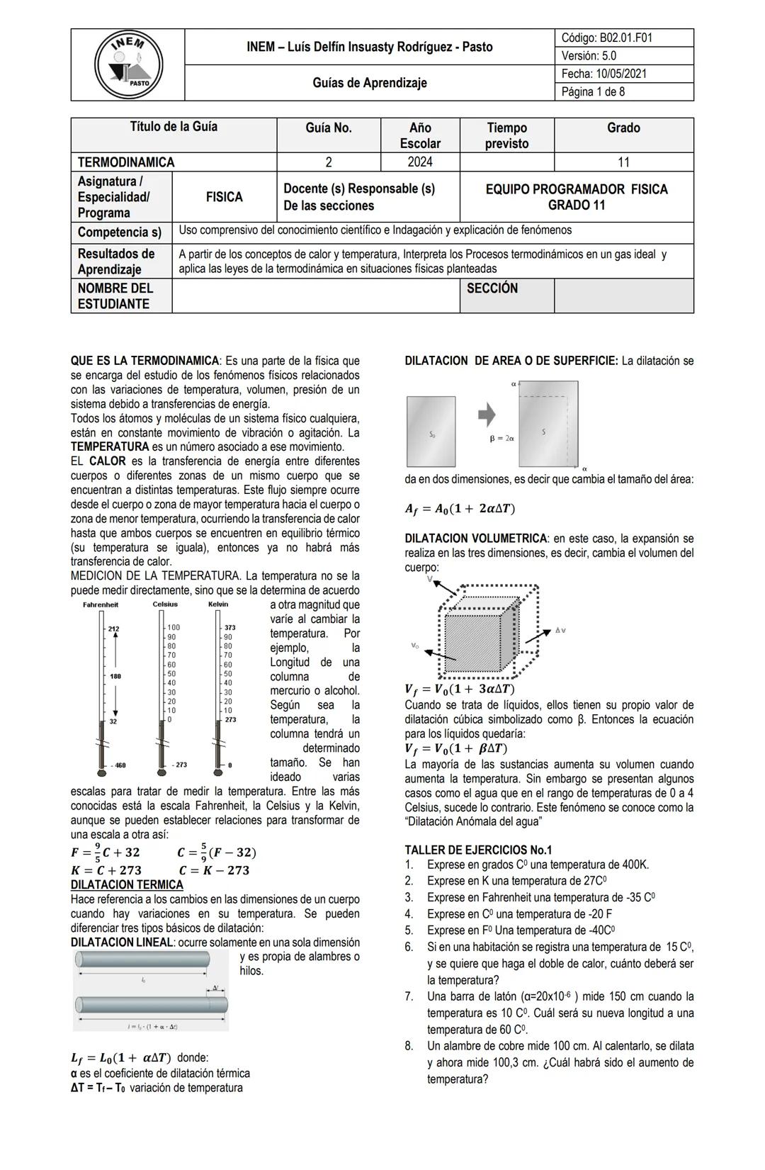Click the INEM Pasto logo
point(128,65)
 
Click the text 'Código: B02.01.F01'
point(606,38)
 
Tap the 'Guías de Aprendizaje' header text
point(370,83)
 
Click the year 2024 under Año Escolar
point(420,162)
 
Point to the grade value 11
point(623,162)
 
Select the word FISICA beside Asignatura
point(224,197)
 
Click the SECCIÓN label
point(492,288)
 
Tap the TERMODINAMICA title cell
point(126,162)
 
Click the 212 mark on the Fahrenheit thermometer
point(114,629)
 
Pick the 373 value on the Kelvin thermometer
point(229,628)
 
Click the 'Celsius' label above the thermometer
point(165,604)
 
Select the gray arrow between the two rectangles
point(487,415)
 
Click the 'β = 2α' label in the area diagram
point(502,439)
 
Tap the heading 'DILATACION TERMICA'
point(127,885)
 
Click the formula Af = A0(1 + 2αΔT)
point(460,509)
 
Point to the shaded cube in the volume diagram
point(473,633)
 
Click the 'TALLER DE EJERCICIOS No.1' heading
point(478,850)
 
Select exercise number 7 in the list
point(409,996)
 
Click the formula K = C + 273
point(106,870)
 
